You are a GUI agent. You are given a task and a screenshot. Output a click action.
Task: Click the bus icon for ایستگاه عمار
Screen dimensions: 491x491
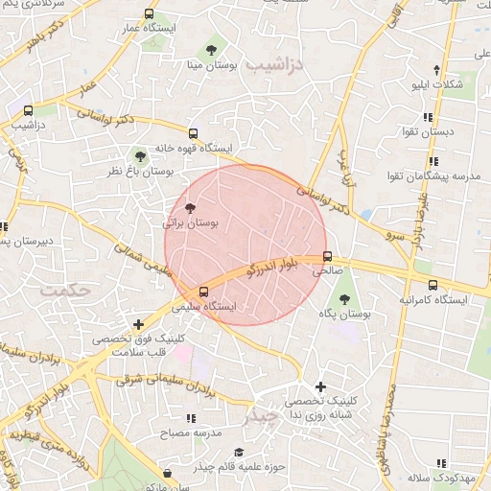click(149, 14)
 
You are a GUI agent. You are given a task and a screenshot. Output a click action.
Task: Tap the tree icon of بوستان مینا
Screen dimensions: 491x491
click(210, 49)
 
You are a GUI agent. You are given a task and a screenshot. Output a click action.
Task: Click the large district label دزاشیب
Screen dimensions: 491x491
click(274, 65)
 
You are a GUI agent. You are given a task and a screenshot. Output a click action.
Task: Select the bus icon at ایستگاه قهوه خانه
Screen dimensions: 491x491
click(193, 134)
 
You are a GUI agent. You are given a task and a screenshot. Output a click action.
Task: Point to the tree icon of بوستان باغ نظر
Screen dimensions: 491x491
click(140, 155)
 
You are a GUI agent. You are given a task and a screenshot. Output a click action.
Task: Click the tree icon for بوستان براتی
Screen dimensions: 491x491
click(189, 207)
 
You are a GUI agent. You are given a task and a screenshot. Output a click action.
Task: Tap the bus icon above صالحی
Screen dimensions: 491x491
click(328, 257)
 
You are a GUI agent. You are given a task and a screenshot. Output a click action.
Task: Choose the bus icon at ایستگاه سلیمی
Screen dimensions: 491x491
click(202, 292)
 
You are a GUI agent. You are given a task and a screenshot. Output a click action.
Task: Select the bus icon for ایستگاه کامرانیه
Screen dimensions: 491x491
click(433, 285)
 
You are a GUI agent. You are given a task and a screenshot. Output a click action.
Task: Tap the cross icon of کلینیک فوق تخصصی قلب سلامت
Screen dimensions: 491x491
click(141, 325)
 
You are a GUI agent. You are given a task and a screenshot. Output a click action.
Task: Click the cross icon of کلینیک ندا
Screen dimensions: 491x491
click(320, 386)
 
